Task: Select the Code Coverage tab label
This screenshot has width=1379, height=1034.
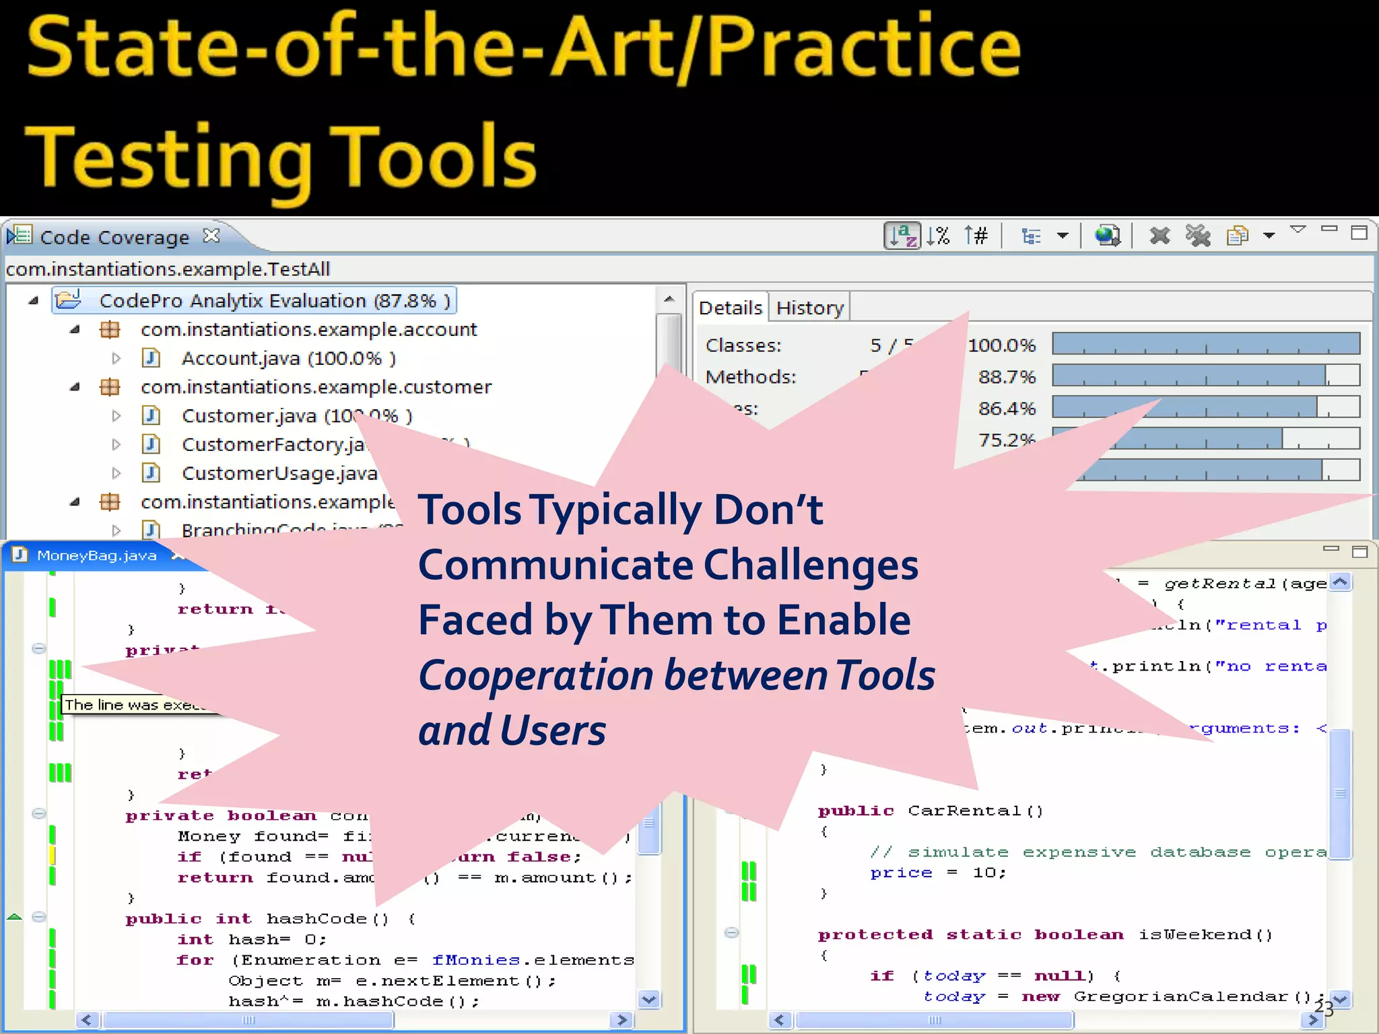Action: (x=114, y=238)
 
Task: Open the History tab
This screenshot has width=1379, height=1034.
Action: (x=809, y=308)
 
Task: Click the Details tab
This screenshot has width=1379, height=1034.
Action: (x=730, y=308)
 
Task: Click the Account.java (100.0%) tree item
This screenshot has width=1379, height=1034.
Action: (x=288, y=358)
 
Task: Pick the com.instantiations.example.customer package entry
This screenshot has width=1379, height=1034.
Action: (x=316, y=387)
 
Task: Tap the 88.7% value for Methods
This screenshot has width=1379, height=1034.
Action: (x=1006, y=377)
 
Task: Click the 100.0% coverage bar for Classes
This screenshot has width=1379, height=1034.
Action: (x=1205, y=344)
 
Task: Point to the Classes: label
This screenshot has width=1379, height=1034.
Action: (x=743, y=345)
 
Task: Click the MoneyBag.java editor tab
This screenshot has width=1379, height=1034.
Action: (x=96, y=555)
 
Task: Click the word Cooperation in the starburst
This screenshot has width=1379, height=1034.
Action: (x=536, y=675)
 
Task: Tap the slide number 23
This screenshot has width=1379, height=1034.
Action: (x=1323, y=1008)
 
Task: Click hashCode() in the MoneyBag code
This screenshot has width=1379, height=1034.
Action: (x=327, y=919)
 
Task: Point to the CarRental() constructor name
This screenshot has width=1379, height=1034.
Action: (x=974, y=811)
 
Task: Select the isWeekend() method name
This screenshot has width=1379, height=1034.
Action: (x=1205, y=934)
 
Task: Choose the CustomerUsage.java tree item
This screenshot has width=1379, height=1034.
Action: (x=279, y=473)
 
